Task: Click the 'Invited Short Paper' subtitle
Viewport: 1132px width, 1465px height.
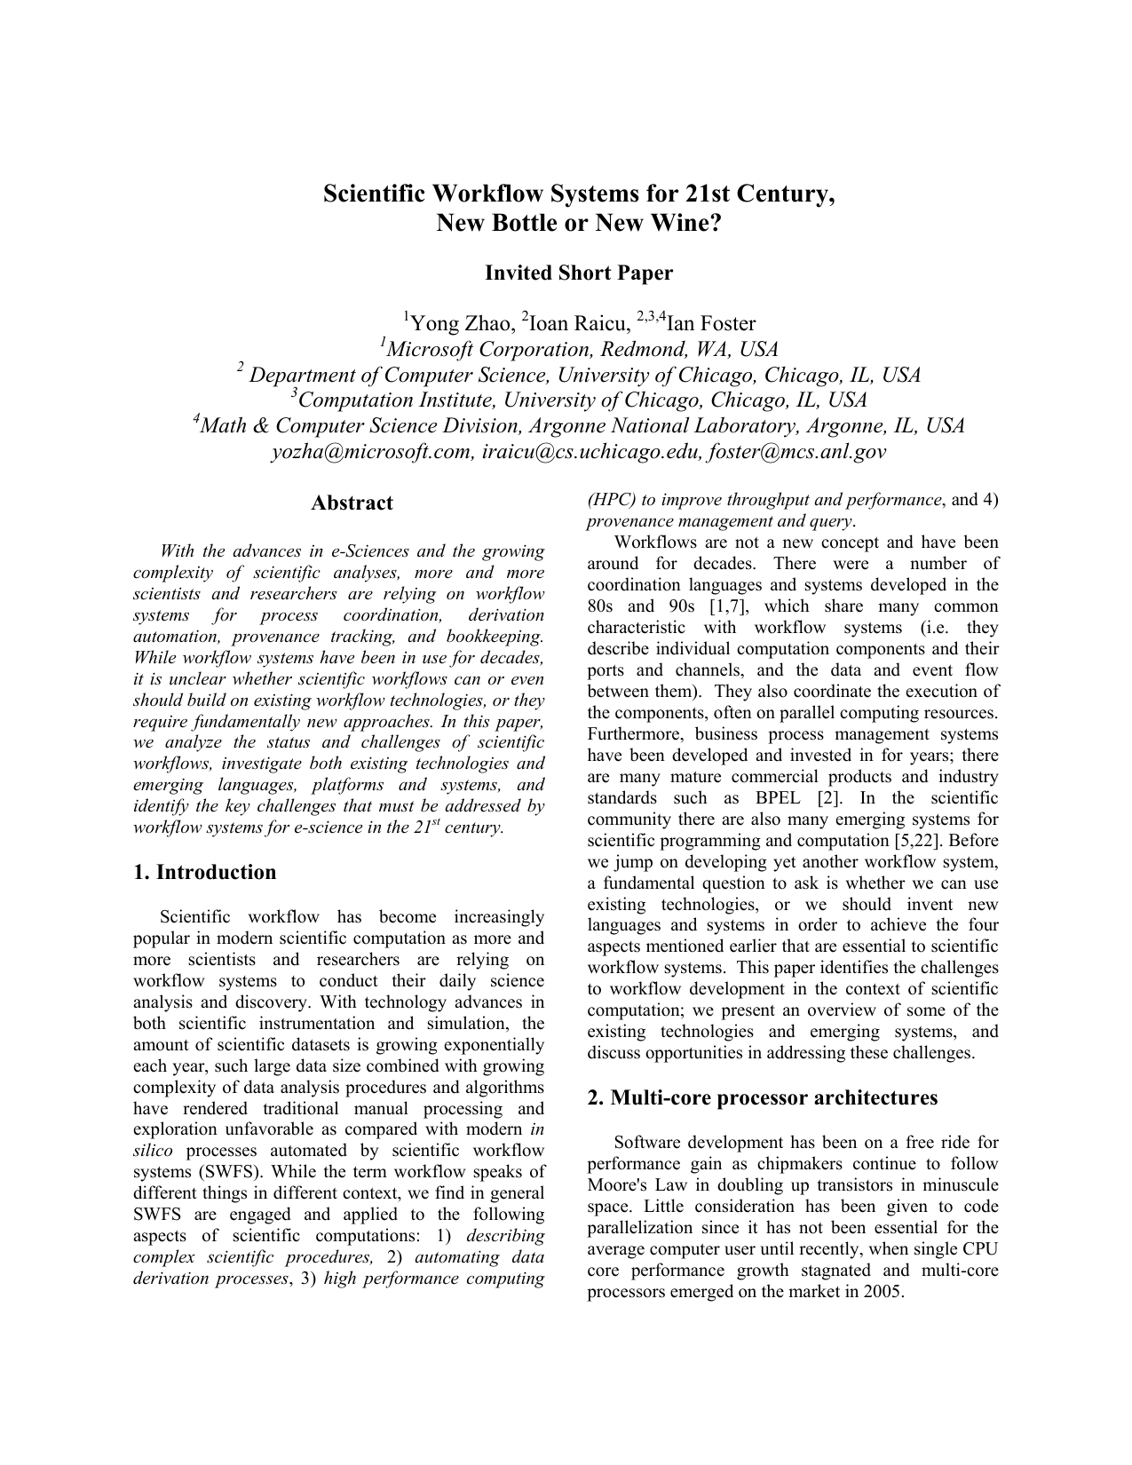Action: (578, 273)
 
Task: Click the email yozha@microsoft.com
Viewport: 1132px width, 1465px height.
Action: (372, 452)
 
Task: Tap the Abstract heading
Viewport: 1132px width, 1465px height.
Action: (352, 503)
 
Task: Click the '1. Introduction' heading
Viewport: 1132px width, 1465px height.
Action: (205, 873)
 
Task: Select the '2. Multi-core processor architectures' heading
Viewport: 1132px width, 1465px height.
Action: (762, 1098)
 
